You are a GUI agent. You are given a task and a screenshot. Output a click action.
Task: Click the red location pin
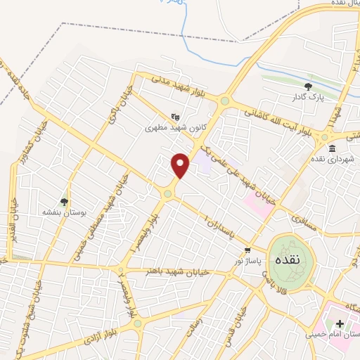tap(181, 165)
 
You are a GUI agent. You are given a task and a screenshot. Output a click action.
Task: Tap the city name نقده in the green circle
tap(290, 259)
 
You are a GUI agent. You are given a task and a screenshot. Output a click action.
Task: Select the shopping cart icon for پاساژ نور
tap(247, 250)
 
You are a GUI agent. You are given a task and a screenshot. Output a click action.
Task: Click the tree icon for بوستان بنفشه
tap(65, 202)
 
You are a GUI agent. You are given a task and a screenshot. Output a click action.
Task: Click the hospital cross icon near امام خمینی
tap(340, 323)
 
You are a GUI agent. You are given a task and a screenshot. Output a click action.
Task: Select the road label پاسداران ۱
tap(221, 224)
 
